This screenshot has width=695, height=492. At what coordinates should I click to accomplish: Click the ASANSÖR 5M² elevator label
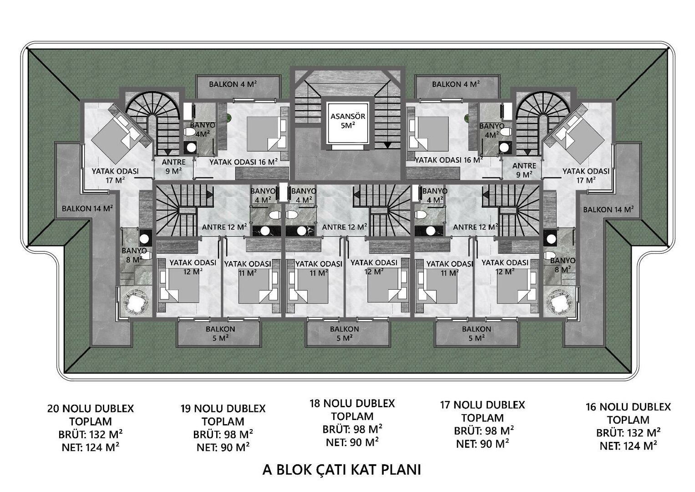pos(348,122)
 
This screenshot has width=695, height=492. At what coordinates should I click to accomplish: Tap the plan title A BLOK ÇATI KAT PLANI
pos(342,470)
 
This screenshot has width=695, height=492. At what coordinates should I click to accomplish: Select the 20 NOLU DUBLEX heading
pos(90,409)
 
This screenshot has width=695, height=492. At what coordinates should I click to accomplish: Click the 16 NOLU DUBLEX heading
pos(628,407)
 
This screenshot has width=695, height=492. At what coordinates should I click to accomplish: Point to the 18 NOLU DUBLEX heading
pos(352,404)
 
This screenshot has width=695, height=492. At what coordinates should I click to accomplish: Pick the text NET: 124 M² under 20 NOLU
pos(91,447)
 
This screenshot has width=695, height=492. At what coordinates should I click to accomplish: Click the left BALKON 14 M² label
pos(87,209)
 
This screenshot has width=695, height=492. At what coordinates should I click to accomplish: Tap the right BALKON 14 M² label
pos(608,210)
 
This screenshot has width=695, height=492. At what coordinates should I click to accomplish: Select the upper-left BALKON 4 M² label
pos(233,84)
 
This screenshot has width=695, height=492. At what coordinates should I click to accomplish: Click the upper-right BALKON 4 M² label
pos(456,84)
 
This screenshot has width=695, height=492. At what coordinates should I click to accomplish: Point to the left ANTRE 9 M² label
pos(174,166)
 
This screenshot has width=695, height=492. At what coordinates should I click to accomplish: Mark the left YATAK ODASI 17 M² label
pos(115,175)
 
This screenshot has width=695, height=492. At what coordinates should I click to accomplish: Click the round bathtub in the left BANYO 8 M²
pos(136,301)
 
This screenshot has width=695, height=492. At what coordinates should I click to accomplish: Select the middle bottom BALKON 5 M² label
pos(345,333)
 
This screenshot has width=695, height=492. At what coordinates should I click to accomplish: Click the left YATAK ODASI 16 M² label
pos(243,162)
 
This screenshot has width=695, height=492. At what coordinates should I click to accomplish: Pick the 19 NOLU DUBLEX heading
pos(223,409)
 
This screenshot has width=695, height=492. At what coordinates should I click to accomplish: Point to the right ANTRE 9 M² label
pos(524,170)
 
